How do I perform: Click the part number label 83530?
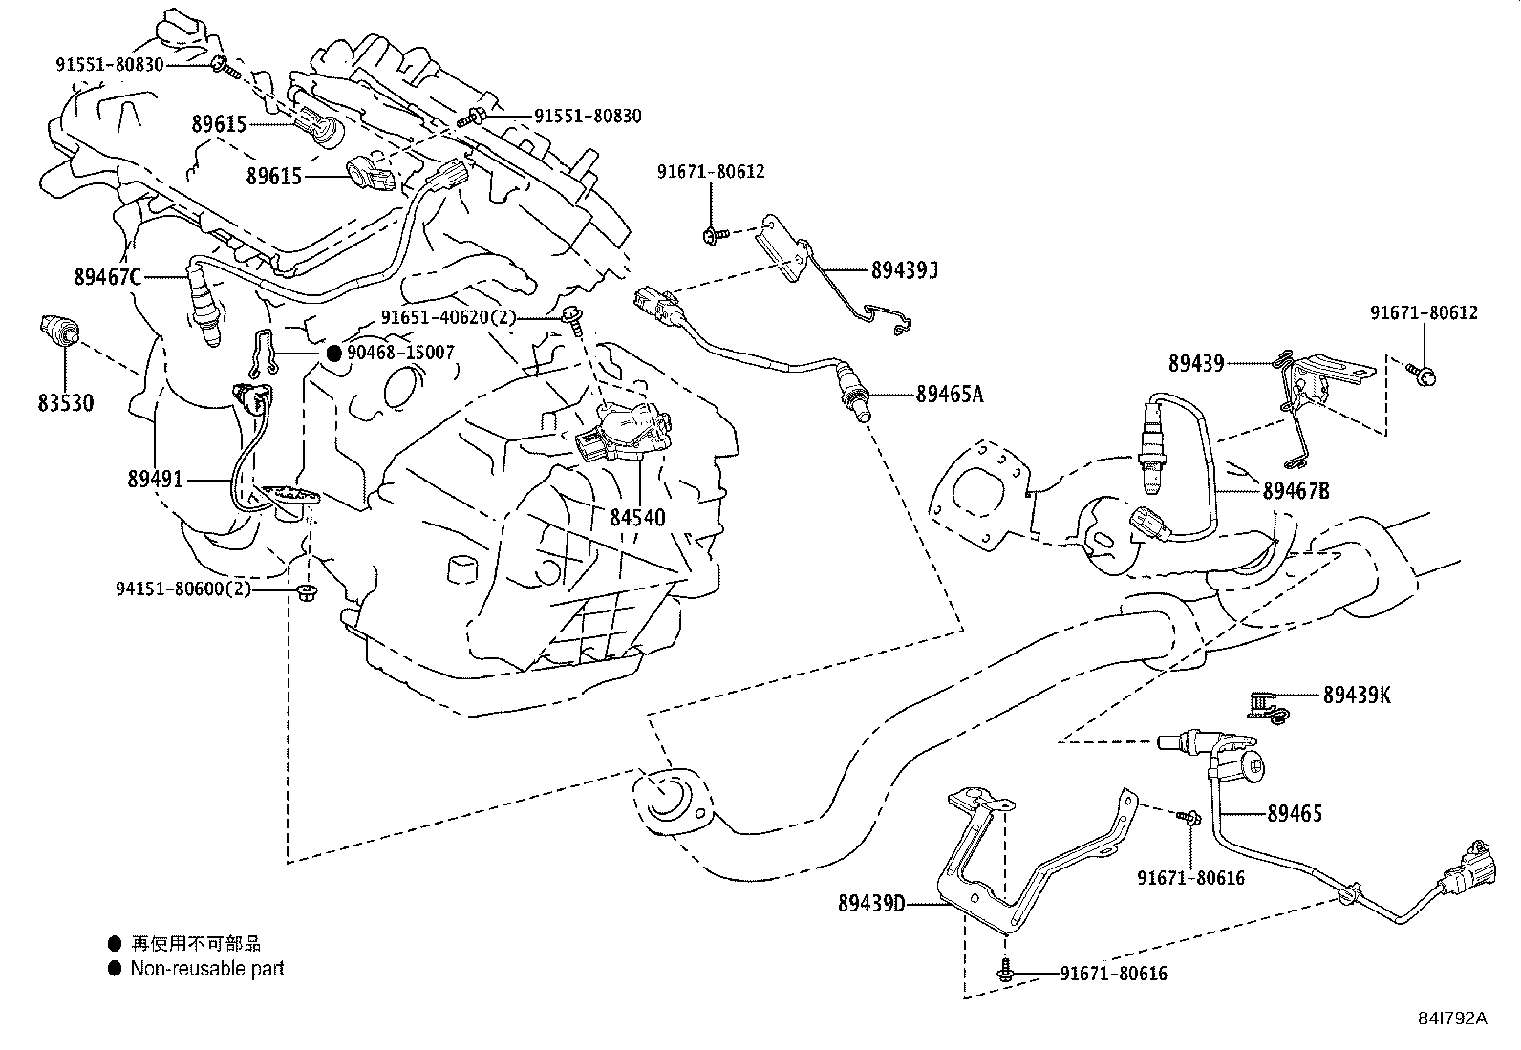coord(66,402)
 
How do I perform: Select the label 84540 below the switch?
coord(637,518)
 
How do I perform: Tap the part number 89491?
coord(155,480)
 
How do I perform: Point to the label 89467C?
coord(107,277)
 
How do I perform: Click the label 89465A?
coord(949,393)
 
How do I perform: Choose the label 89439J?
coord(904,270)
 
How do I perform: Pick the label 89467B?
coord(1296,491)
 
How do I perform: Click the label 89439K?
coord(1357,696)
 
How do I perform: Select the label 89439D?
coord(871,902)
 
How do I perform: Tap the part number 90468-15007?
coord(400,353)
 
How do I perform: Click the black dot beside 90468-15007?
coord(333,353)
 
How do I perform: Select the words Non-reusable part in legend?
coord(207,968)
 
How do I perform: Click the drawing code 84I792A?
coord(1452,1018)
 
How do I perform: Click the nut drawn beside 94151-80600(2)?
coord(306,592)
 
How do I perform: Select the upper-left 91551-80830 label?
coord(109,64)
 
